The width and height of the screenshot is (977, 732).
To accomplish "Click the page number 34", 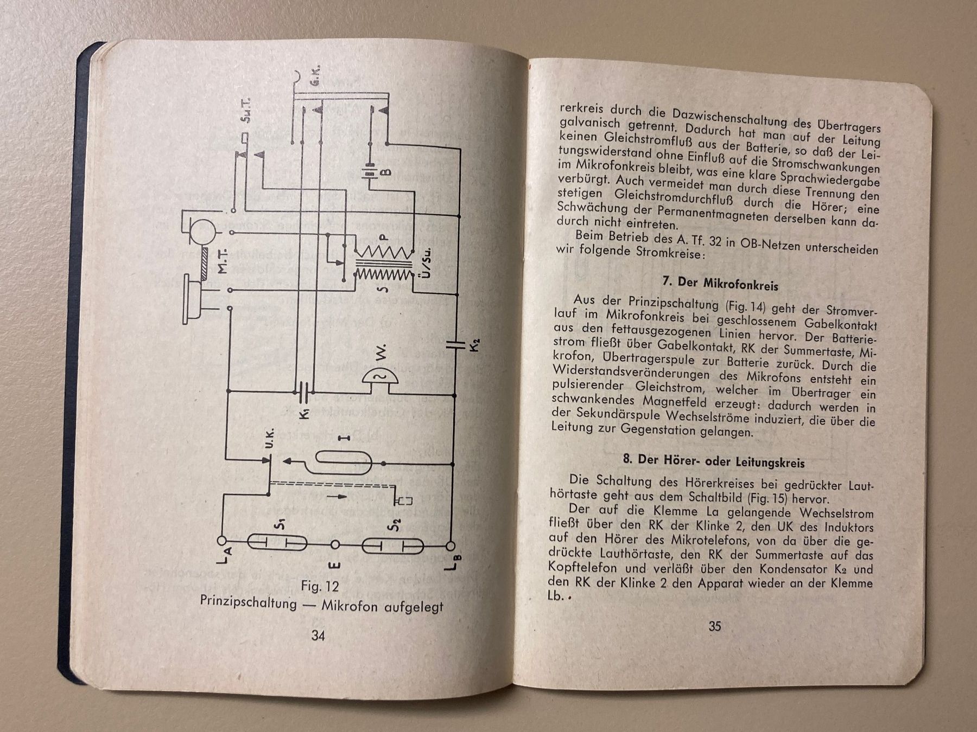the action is pos(318,635).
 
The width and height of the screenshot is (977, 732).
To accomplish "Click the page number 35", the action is pos(715,626).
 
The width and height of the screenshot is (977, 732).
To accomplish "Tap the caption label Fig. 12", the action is pos(320,586).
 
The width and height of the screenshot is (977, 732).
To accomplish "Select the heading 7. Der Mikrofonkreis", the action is pos(720,284).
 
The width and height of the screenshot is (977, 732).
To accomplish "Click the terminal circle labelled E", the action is pos(335,544).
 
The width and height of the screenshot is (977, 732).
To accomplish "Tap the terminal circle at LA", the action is pos(222,541).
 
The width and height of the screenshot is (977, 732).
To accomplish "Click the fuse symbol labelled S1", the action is pos(277,542).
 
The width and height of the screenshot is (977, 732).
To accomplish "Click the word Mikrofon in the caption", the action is pos(350,605).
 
